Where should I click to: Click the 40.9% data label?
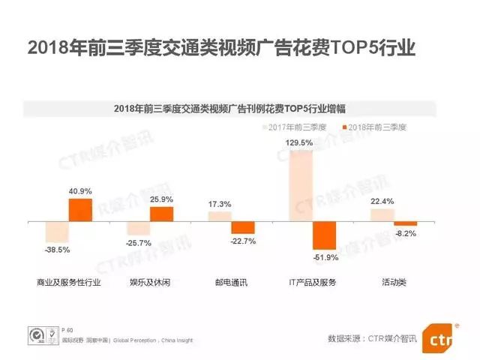pos(80,191)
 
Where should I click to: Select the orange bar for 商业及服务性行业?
pos(80,210)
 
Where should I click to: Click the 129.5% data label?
pos(301,142)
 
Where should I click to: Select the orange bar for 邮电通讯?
pos(243,228)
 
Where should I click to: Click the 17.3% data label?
pos(220,205)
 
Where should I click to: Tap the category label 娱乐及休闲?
pos(149,283)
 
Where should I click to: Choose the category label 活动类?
pos(394,283)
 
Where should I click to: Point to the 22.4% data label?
pos(382,200)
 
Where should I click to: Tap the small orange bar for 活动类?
pos(406,224)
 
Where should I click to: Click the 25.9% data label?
pos(161,199)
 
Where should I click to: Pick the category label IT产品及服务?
pos(313,283)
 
